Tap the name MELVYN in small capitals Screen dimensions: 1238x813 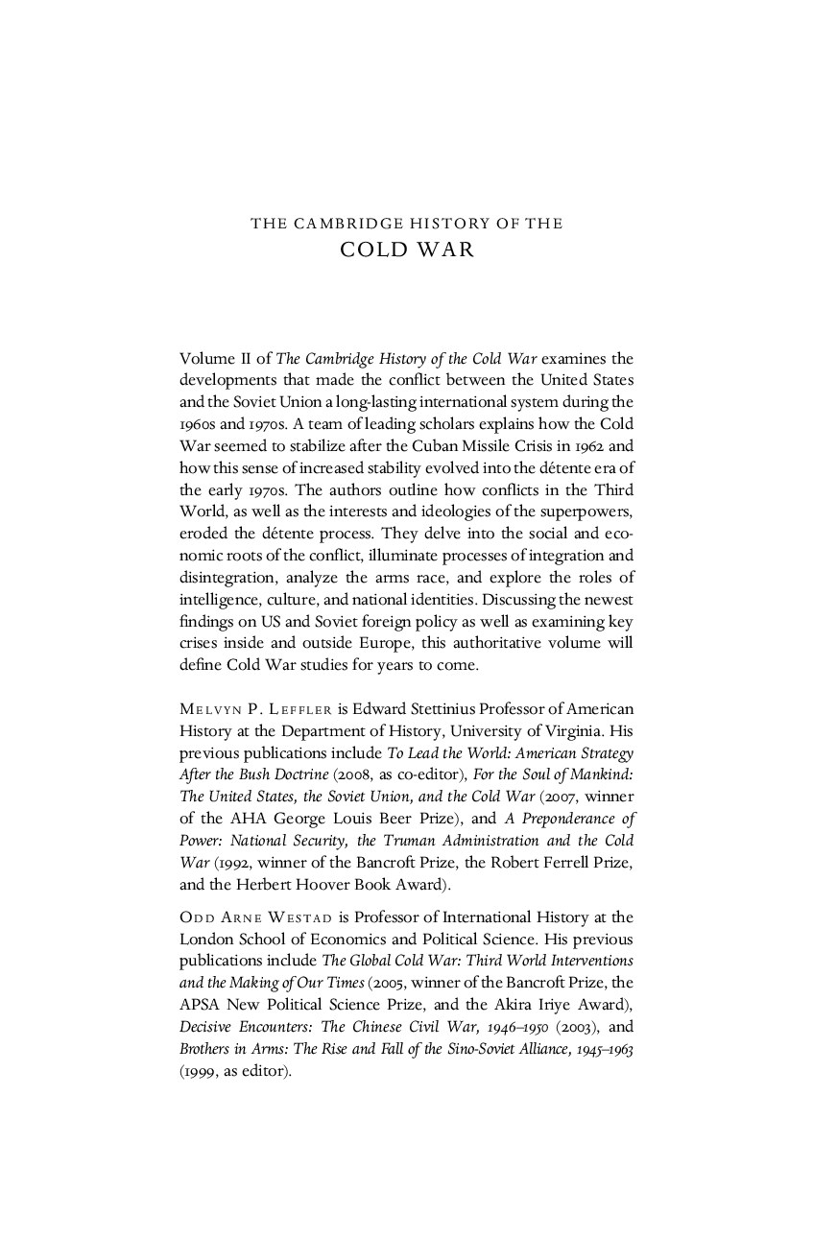208,709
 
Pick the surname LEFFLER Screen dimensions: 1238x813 303,709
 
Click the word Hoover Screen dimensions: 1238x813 332,885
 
